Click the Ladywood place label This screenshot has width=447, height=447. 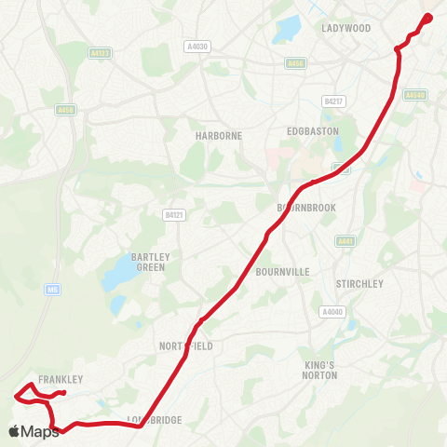pos(345,28)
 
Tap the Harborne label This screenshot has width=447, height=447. pos(219,135)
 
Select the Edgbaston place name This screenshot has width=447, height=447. pos(310,130)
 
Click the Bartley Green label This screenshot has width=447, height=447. pos(149,262)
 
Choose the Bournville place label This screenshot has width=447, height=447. pos(282,273)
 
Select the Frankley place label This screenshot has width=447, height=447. pos(61,379)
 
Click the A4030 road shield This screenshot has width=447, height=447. pos(197,46)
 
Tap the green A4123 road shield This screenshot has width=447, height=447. pos(101,54)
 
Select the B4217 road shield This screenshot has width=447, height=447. pos(332,101)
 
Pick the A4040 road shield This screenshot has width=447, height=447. pos(332,311)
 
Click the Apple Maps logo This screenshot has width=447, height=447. pos(33,431)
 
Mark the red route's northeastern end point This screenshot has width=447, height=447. pos(428,16)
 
